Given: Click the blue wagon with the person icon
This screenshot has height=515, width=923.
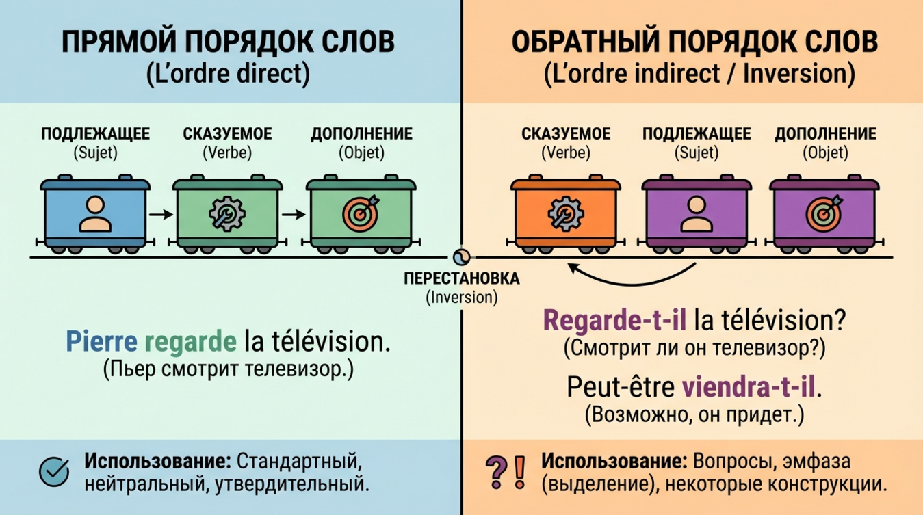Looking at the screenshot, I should [x=95, y=213].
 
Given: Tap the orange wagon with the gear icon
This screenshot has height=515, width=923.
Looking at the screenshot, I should [x=565, y=213].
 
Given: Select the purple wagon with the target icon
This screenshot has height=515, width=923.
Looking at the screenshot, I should [x=824, y=213].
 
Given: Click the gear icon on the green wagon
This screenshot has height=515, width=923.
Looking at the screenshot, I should [x=226, y=214].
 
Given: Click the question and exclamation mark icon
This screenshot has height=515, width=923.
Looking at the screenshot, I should [x=507, y=470].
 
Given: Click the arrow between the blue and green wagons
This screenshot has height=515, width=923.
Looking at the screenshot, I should [x=160, y=214].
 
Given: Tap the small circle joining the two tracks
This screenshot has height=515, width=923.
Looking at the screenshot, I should [x=460, y=257].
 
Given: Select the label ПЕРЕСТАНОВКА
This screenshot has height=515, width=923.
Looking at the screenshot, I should [x=462, y=279].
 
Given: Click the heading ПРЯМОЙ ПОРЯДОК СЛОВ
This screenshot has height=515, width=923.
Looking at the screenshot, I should [x=229, y=42].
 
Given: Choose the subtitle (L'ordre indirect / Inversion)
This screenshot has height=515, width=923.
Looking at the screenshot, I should [x=699, y=75].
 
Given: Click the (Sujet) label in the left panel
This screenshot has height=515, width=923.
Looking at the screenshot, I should [x=95, y=153].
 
